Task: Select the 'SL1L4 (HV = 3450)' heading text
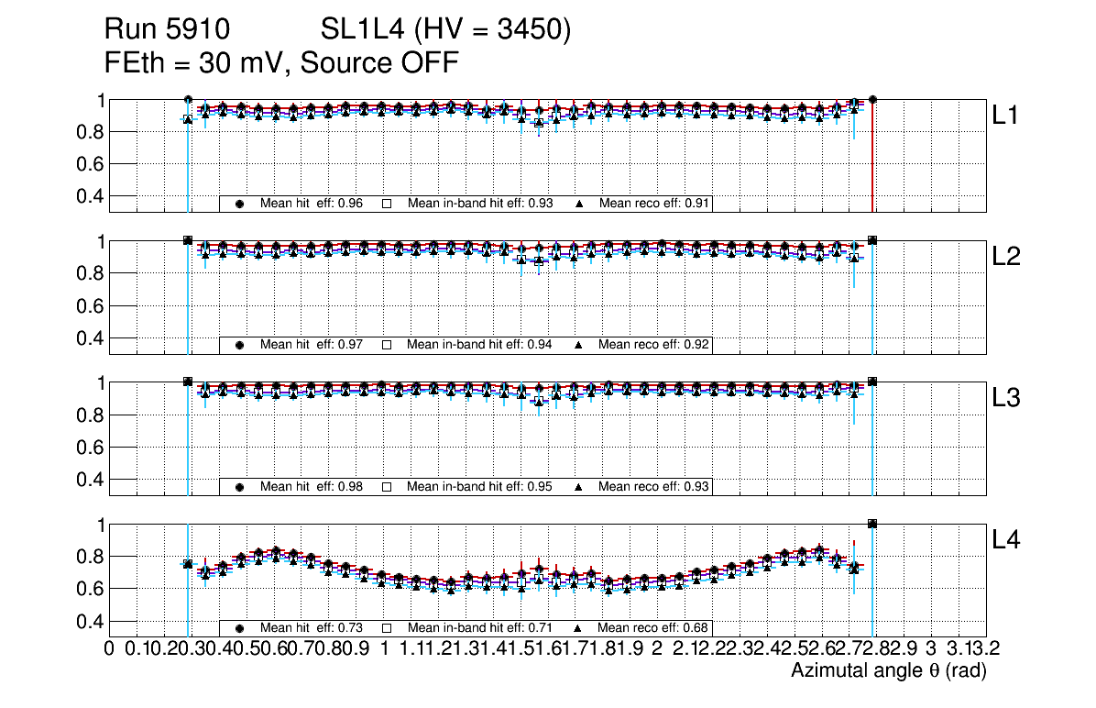click(446, 30)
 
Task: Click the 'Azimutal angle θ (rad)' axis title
click(888, 672)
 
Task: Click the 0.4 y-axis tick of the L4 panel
click(91, 621)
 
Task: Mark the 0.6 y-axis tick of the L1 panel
click(91, 164)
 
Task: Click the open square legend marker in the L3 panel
click(387, 487)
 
